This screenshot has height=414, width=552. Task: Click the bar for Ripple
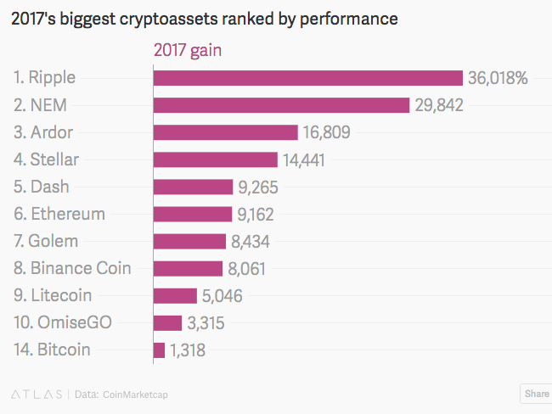pyautogui.click(x=307, y=78)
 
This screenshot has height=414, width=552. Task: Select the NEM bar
pyautogui.click(x=281, y=105)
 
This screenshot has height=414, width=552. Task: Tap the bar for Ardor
pyautogui.click(x=225, y=132)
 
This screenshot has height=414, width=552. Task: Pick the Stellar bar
pyautogui.click(x=215, y=159)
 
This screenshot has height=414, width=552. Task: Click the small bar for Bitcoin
pyautogui.click(x=159, y=350)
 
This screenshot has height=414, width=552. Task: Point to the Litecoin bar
pyautogui.click(x=175, y=295)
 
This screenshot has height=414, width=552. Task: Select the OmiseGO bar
pyautogui.click(x=167, y=322)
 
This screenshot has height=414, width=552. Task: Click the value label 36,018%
pyautogui.click(x=498, y=78)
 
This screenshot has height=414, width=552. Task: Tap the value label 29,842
pyautogui.click(x=439, y=105)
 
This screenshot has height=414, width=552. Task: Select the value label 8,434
pyautogui.click(x=251, y=241)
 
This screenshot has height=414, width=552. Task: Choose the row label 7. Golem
pyautogui.click(x=48, y=241)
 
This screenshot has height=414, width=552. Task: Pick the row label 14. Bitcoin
pyautogui.click(x=52, y=350)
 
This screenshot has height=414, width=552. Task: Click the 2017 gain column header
pyautogui.click(x=187, y=50)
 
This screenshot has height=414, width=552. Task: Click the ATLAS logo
pyautogui.click(x=36, y=394)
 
